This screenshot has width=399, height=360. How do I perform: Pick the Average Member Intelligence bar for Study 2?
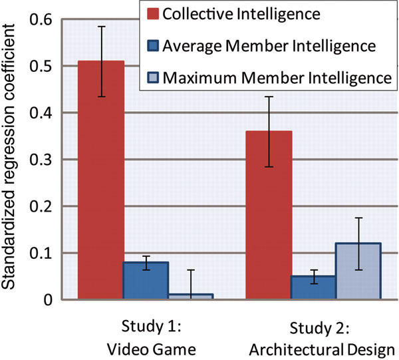pos(312,287)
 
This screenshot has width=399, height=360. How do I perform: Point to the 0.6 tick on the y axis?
pos(41,20)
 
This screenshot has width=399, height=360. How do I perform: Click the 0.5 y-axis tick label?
pos(41,67)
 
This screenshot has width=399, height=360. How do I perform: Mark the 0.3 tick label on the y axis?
pos(41,160)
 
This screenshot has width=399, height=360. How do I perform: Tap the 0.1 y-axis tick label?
pos(41,253)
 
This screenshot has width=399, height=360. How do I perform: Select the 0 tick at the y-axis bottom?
pos(48,299)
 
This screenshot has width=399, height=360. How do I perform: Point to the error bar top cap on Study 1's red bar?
pos(101,27)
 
